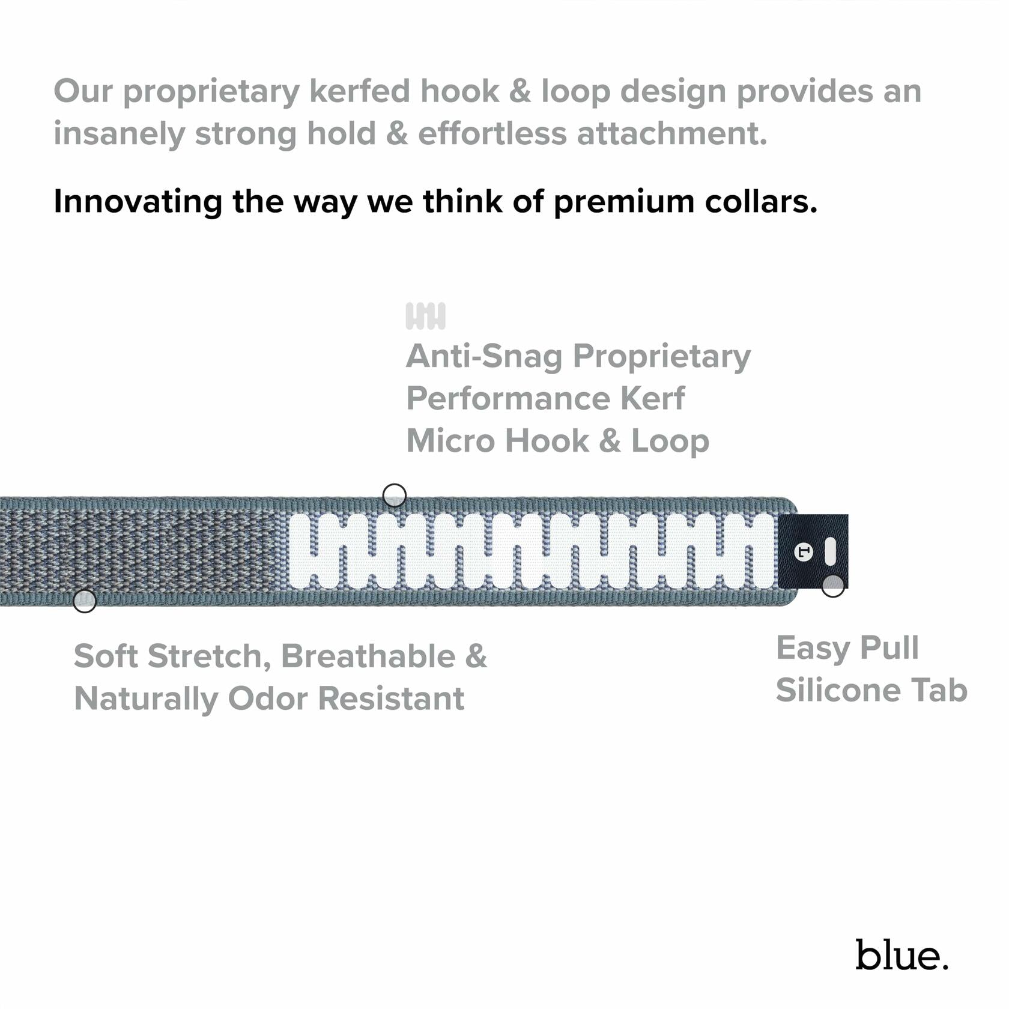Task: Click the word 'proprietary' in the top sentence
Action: [211, 92]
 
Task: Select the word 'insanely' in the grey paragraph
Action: [118, 133]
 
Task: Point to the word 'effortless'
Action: [492, 133]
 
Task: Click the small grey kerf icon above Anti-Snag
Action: [425, 316]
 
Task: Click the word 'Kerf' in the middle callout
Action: [652, 398]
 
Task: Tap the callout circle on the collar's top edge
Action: [394, 495]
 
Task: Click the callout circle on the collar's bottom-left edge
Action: [85, 601]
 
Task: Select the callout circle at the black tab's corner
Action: [832, 586]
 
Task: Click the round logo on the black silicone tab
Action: [803, 552]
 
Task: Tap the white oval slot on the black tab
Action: [829, 551]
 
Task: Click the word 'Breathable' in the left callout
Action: [368, 656]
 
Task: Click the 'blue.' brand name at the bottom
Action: [901, 955]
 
